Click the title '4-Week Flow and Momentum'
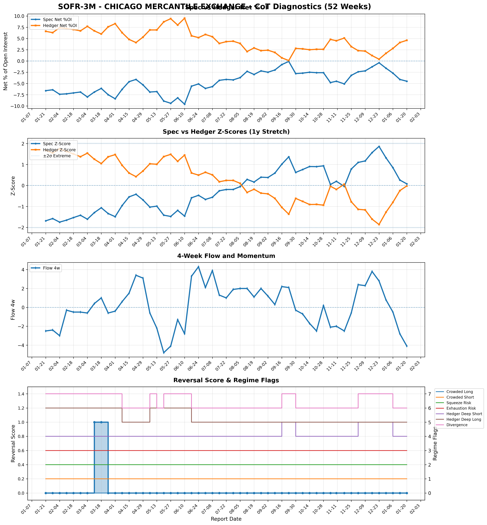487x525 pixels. pyautogui.click(x=226, y=256)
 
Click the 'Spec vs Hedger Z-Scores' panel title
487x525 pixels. pyautogui.click(x=226, y=132)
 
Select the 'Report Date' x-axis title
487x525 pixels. pyautogui.click(x=226, y=519)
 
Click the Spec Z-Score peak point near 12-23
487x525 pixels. pyautogui.click(x=379, y=147)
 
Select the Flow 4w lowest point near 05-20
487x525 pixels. pyautogui.click(x=164, y=353)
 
